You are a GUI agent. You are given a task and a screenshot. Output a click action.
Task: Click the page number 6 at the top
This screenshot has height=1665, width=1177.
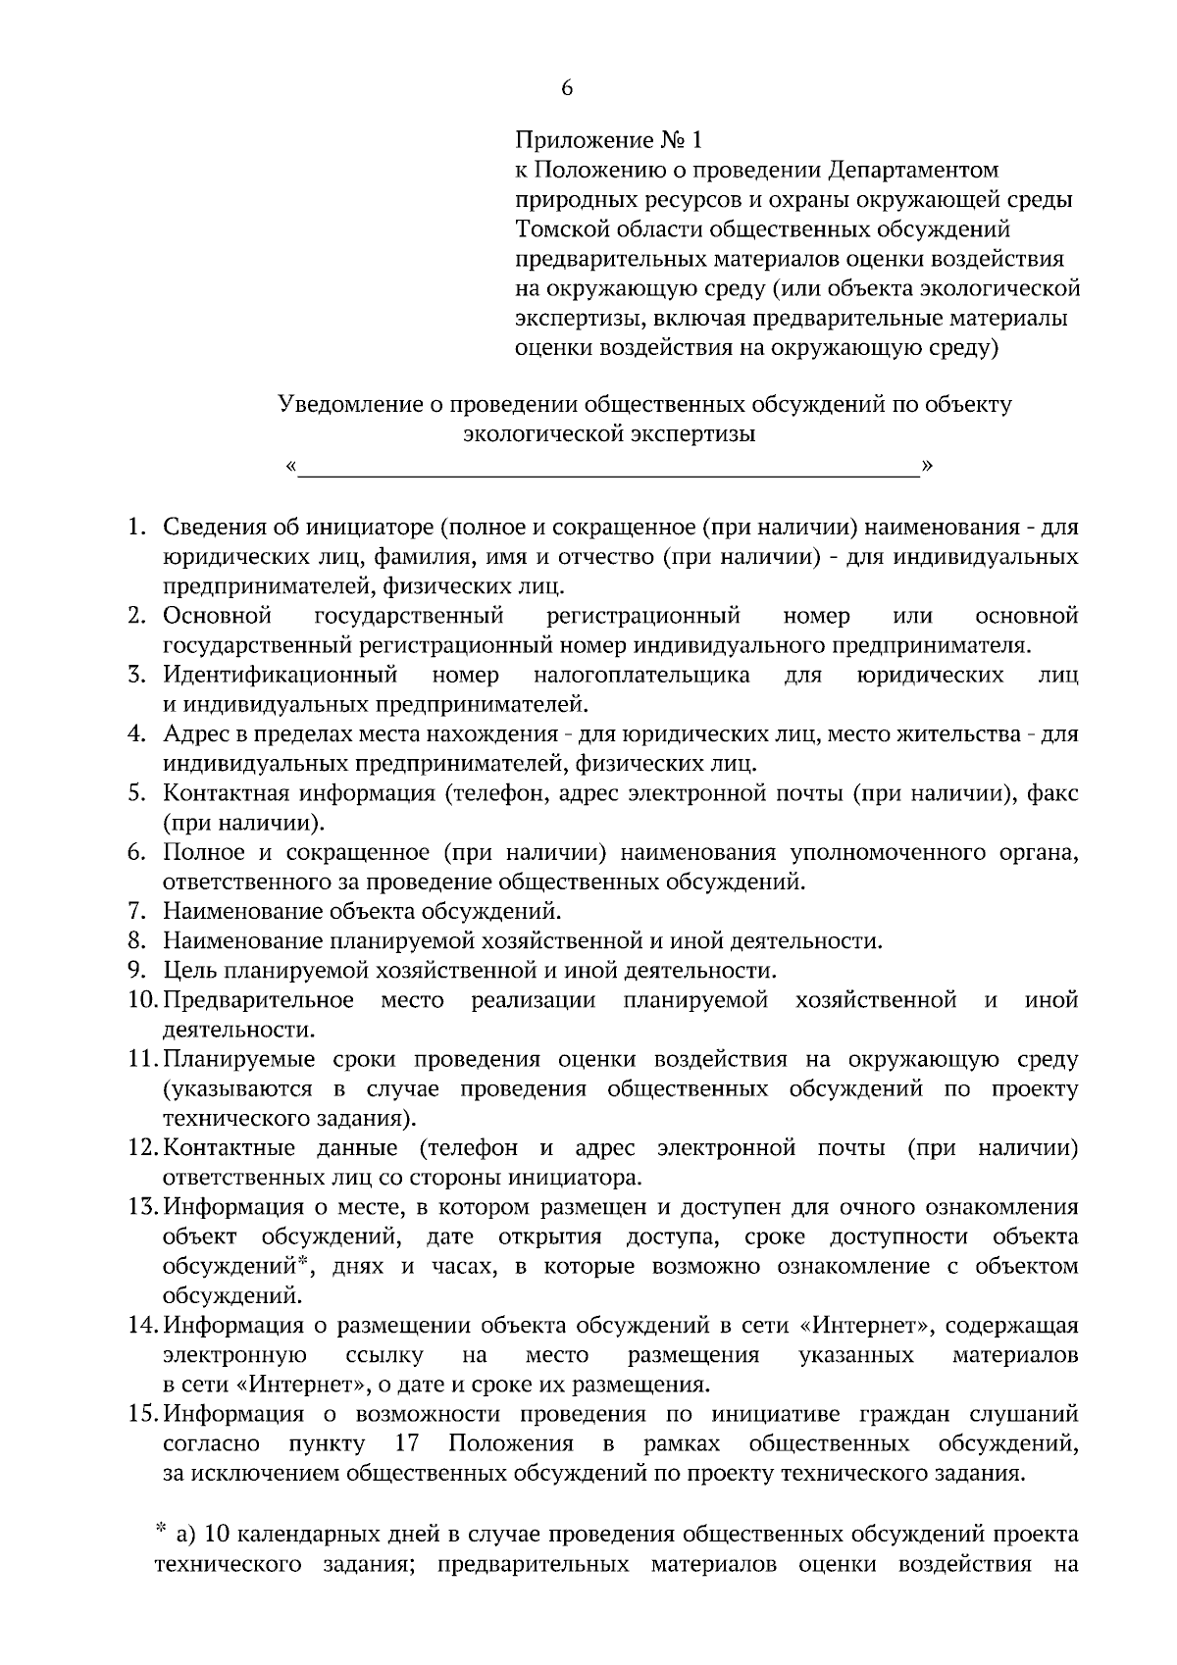[x=566, y=88]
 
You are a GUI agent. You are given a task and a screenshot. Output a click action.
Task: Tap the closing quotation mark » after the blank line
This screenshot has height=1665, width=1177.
[x=927, y=464]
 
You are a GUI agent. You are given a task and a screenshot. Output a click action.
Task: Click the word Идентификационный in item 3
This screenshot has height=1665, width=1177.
[x=281, y=675]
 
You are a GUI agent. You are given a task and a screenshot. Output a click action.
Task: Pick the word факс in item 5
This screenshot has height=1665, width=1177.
[x=1052, y=793]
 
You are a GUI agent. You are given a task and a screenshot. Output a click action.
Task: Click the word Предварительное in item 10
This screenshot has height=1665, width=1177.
[x=259, y=1000]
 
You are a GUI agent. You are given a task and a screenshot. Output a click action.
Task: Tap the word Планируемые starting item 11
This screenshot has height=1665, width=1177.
[x=239, y=1060]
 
